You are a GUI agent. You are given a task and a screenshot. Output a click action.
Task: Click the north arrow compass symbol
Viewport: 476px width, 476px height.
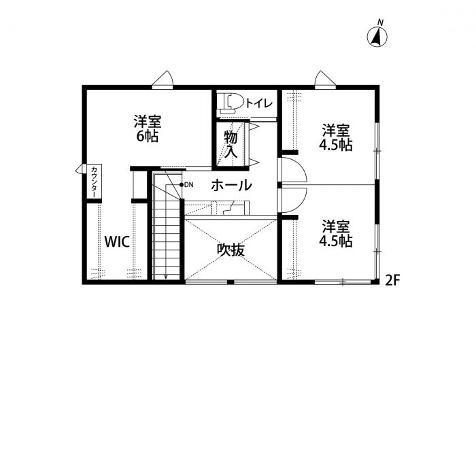(x=377, y=37)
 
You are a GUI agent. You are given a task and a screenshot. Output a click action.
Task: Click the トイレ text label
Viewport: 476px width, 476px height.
(x=259, y=103)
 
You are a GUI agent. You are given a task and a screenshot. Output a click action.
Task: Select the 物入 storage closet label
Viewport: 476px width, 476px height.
(x=231, y=144)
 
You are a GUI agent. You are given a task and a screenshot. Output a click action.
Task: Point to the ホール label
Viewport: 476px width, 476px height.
(x=232, y=185)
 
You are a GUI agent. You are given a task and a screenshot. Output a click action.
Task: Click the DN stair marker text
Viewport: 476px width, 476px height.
(x=189, y=184)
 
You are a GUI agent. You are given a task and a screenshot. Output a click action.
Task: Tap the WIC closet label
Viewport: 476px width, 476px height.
(x=117, y=241)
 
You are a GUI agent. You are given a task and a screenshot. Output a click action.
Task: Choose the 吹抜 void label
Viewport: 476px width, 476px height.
(x=231, y=250)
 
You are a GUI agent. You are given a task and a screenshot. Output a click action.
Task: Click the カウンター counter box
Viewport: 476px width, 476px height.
(x=94, y=182)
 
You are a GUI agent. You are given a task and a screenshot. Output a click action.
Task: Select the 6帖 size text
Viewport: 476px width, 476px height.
(x=148, y=136)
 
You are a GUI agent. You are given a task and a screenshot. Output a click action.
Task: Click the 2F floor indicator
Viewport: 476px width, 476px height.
(x=392, y=280)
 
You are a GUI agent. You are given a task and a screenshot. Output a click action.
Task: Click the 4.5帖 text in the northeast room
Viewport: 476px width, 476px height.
(x=336, y=145)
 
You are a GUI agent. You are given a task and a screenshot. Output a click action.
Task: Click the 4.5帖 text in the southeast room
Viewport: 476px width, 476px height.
(x=336, y=241)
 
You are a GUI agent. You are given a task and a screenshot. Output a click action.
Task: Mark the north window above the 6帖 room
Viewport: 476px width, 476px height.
(x=163, y=80)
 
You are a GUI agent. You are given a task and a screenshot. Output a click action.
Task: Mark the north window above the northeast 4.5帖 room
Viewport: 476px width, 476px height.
(x=326, y=80)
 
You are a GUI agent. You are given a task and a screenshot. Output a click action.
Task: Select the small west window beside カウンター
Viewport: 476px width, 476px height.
(x=81, y=169)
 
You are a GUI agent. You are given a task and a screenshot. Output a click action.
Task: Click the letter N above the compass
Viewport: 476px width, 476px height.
(x=380, y=22)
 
